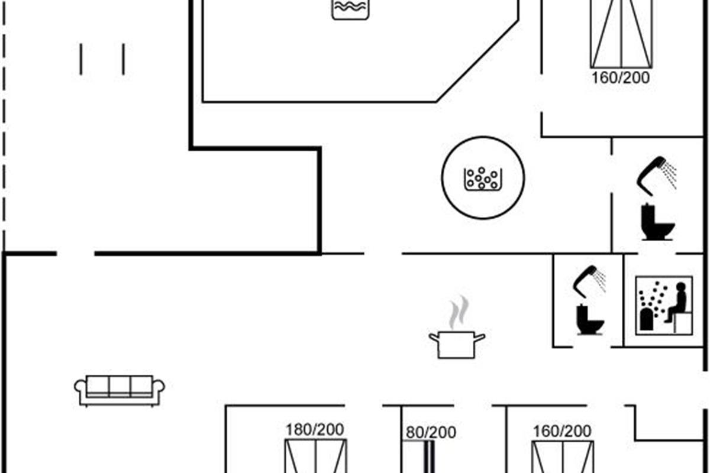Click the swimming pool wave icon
click(x=350, y=9)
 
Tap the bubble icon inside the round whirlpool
click(x=483, y=179)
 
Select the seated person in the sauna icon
click(x=677, y=303)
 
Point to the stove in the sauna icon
click(x=647, y=319)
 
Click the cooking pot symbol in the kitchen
click(x=457, y=345)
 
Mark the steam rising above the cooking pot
click(x=459, y=313)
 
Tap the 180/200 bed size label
click(x=314, y=430)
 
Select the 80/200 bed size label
click(x=431, y=432)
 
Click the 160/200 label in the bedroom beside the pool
click(x=621, y=78)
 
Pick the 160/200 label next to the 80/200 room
click(x=562, y=431)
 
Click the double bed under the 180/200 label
click(x=316, y=456)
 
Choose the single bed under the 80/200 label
click(x=418, y=456)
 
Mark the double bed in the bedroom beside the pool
click(x=621, y=34)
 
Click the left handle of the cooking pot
click(x=434, y=338)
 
